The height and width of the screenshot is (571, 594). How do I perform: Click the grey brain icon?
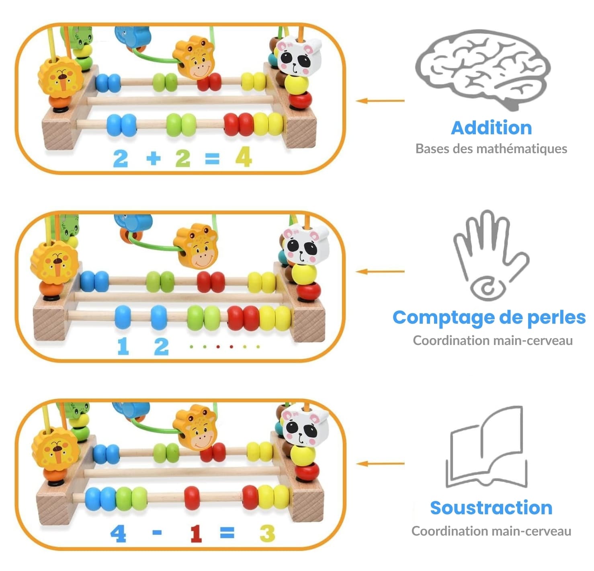(482, 68)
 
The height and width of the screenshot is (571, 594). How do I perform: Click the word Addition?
(491, 128)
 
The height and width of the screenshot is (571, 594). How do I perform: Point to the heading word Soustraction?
(491, 508)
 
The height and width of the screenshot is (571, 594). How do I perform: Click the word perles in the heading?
(556, 318)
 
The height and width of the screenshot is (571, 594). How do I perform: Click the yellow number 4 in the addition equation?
(244, 157)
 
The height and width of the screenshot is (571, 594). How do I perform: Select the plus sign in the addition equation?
(153, 158)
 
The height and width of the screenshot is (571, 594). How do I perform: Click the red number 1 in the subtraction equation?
(196, 534)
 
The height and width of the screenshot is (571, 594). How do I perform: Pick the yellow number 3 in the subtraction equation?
(267, 534)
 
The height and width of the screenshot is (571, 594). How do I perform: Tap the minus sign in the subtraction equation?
(157, 533)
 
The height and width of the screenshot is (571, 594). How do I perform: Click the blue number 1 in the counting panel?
(123, 346)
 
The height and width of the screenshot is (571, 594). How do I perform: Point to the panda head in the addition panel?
(299, 57)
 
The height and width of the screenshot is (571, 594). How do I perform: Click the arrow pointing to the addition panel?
(380, 101)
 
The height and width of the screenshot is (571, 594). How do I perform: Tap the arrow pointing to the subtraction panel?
(380, 464)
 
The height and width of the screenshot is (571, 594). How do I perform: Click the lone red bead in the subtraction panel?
(192, 498)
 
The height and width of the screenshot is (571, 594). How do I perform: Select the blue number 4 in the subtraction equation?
(118, 534)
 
